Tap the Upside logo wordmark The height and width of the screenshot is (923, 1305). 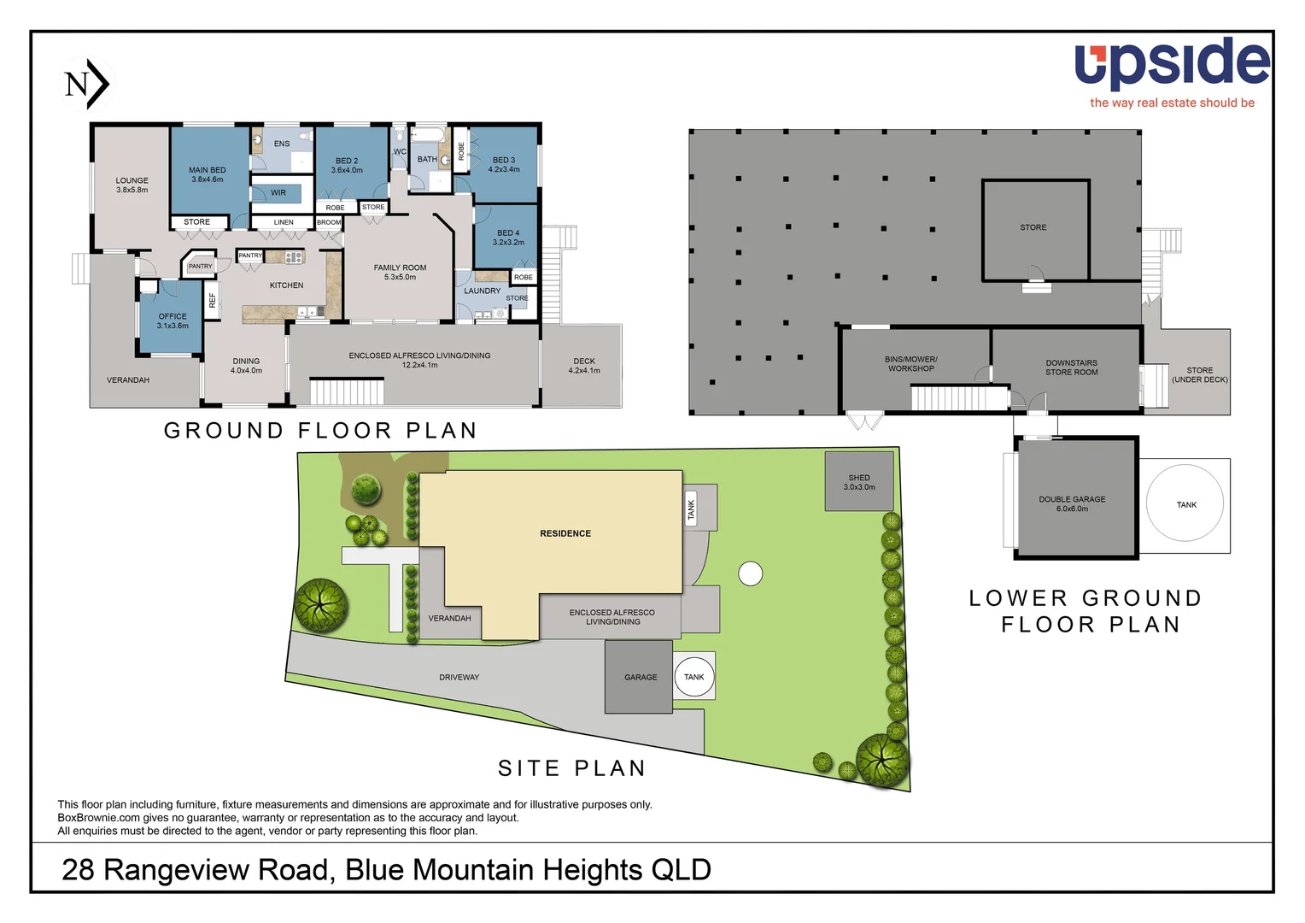[x=1172, y=64]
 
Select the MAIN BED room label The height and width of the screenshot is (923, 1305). [x=207, y=174]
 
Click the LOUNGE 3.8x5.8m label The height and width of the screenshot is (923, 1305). [x=132, y=185]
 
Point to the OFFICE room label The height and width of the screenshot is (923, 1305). [x=173, y=320]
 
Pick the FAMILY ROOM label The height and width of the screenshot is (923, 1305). [x=400, y=272]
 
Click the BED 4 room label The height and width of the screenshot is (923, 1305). [x=508, y=237]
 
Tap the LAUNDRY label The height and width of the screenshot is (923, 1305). [x=482, y=291]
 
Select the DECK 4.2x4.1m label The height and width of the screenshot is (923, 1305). [x=584, y=366]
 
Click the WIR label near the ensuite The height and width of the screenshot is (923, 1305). [x=278, y=193]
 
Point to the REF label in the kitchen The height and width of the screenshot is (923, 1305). [x=213, y=300]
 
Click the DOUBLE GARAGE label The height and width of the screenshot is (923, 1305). [x=1072, y=503]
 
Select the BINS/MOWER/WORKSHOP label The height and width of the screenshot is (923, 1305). [x=910, y=364]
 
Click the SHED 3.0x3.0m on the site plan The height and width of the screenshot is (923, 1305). [x=859, y=482]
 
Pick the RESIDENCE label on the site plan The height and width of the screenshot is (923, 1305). [x=565, y=533]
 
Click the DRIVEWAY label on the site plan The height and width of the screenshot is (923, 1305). [x=459, y=677]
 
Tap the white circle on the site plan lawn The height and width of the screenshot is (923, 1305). [x=750, y=573]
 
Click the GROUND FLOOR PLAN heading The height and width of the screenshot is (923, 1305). [x=320, y=431]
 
